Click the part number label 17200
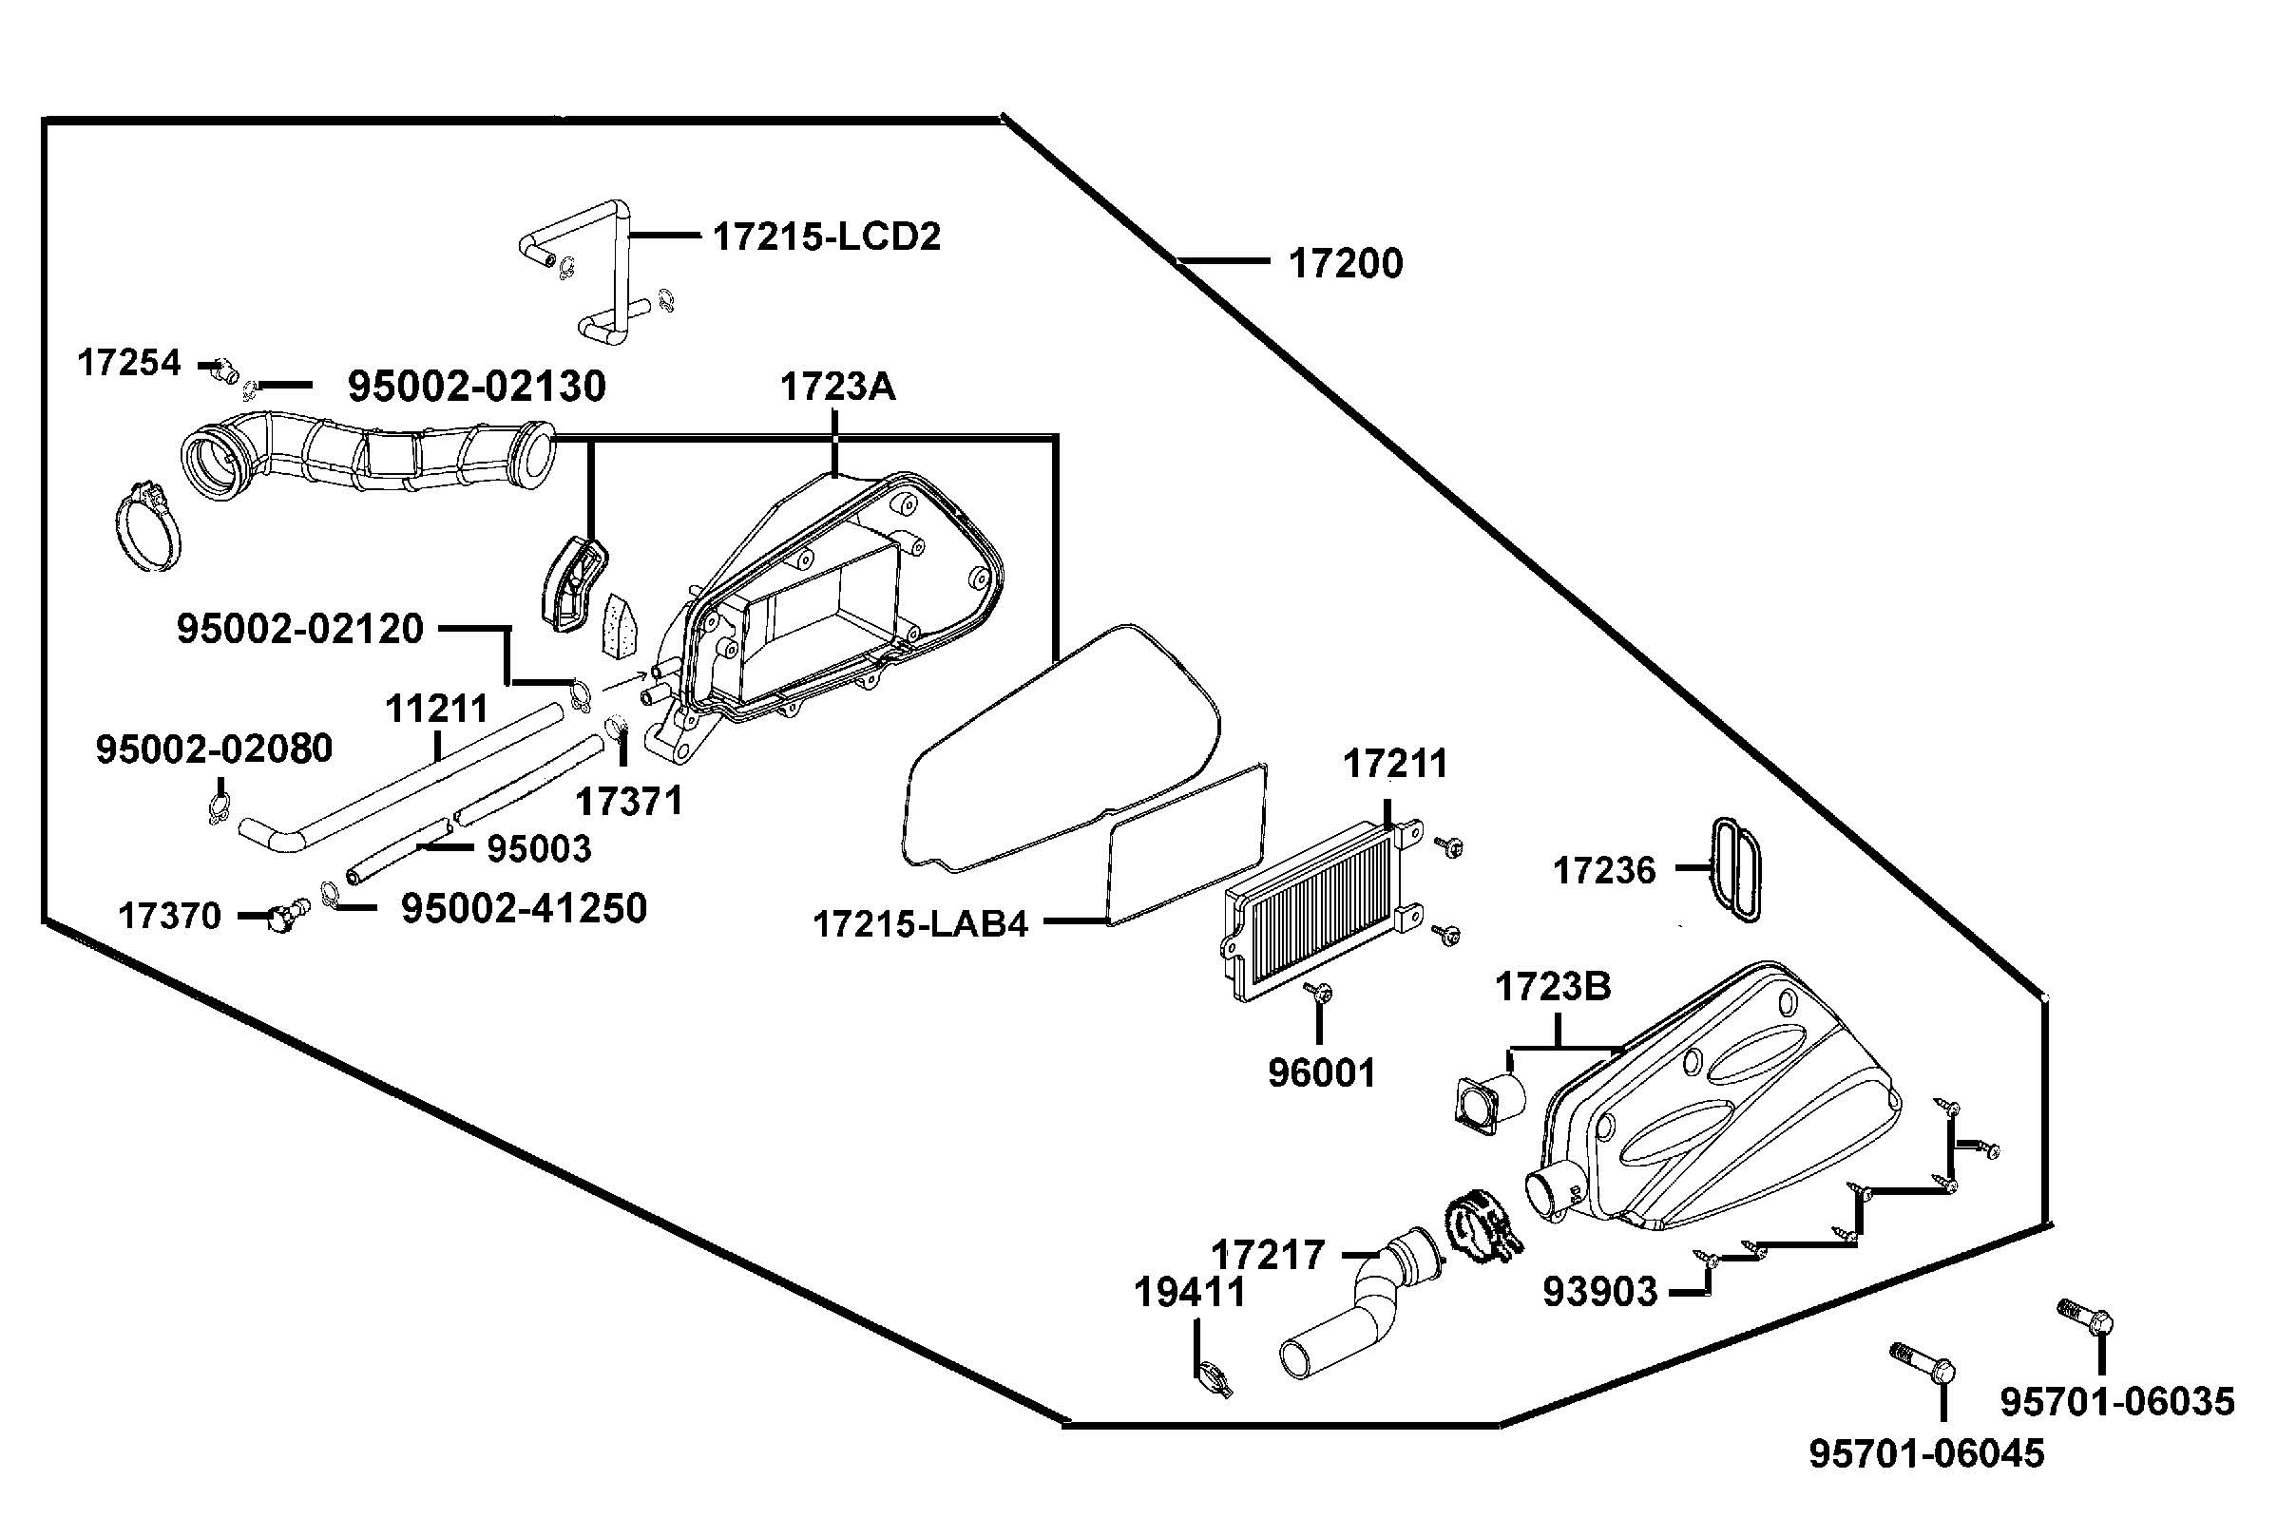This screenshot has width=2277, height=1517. pyautogui.click(x=1345, y=263)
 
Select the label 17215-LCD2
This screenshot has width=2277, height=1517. pyautogui.click(x=827, y=237)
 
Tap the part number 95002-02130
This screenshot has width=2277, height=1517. pyautogui.click(x=476, y=386)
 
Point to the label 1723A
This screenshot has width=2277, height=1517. pyautogui.click(x=837, y=387)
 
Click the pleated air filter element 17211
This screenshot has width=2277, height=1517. pyautogui.click(x=1311, y=909)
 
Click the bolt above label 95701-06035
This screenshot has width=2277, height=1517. pyautogui.click(x=2086, y=1318)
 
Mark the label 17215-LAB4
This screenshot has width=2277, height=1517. pyautogui.click(x=920, y=924)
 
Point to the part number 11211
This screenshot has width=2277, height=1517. pyautogui.click(x=436, y=709)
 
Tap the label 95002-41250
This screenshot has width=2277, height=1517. pyautogui.click(x=524, y=908)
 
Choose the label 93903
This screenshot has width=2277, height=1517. pyautogui.click(x=1599, y=1291)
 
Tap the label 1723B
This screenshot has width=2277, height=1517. pyautogui.click(x=1553, y=987)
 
